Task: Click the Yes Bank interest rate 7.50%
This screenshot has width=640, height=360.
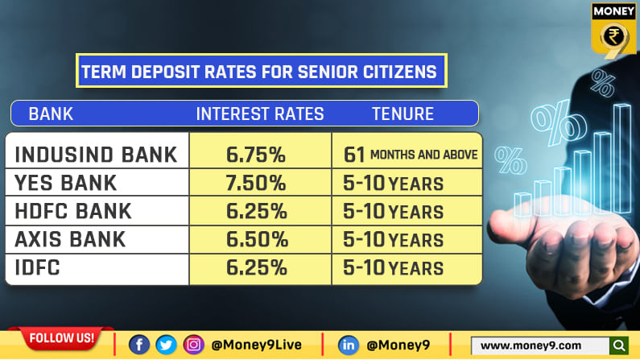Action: pos(256,184)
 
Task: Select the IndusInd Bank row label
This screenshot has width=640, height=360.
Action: pos(97,155)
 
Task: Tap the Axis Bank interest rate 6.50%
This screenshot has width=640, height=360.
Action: pos(256,239)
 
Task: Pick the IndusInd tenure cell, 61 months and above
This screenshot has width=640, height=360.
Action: pos(410,154)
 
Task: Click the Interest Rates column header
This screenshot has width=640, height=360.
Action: pos(260,114)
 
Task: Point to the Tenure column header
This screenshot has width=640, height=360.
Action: pos(403,114)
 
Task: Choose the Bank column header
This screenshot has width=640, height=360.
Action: pos(51,114)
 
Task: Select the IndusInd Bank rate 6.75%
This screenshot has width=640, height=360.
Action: pos(256,155)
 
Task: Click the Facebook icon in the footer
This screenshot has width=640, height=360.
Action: pos(138,345)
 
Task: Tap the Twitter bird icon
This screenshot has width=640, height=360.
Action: pos(166,345)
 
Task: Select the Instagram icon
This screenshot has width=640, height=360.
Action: pos(193,345)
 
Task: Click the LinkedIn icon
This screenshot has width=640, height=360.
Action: pos(348,345)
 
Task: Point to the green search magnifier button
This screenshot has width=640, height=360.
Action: pos(618,346)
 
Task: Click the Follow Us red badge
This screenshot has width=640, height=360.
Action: pos(61,337)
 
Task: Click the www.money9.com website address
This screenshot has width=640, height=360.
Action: pos(531,346)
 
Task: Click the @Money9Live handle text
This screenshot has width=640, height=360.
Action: pos(256,346)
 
